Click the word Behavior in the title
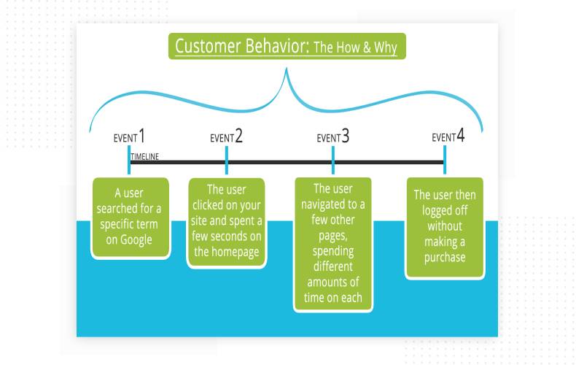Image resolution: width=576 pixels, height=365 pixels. (x=275, y=47)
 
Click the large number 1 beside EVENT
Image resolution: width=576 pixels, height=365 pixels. (x=141, y=136)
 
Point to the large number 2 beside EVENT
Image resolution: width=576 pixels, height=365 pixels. (x=239, y=137)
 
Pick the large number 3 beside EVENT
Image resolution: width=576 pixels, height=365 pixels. (x=346, y=137)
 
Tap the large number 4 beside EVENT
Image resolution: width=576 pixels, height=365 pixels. (x=461, y=136)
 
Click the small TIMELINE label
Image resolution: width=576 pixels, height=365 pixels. (x=144, y=157)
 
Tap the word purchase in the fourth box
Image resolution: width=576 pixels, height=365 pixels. (x=445, y=257)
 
